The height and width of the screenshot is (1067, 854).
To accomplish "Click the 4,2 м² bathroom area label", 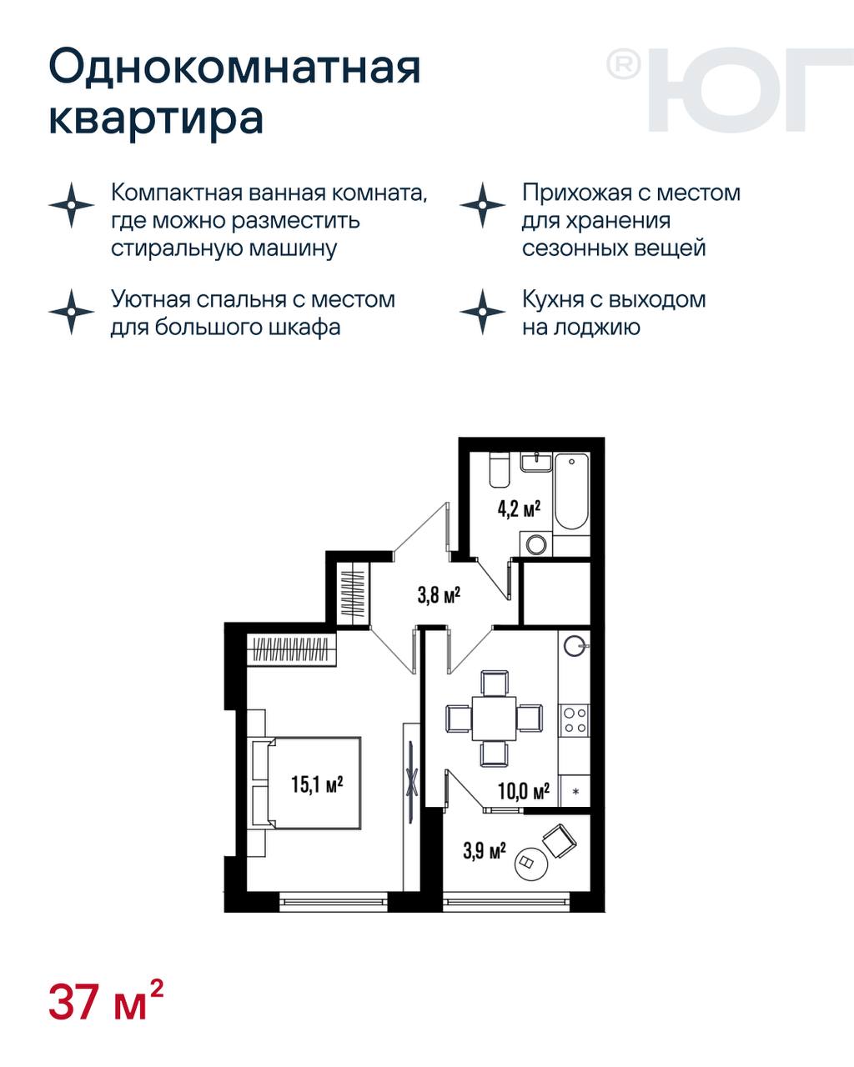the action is point(519,508).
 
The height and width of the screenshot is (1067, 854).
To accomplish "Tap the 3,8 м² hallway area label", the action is point(440,594).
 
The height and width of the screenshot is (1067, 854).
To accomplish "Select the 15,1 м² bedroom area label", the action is point(317,784).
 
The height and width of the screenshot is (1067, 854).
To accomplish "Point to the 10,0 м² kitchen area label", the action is point(524,792).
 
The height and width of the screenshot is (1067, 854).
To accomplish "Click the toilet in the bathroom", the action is point(500,470).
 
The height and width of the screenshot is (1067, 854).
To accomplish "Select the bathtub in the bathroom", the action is point(571,491).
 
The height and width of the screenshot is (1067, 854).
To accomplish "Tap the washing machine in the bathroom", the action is point(536,544).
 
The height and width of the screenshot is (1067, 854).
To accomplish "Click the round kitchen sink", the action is point(575,646).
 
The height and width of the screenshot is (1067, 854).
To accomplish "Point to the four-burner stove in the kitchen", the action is point(575,720).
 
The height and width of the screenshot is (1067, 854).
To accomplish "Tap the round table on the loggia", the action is point(530,864).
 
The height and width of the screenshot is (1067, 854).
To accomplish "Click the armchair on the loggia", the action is point(560,840).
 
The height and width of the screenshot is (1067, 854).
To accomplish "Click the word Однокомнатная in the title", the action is point(234,67).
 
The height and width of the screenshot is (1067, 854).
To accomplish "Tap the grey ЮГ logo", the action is point(730,90).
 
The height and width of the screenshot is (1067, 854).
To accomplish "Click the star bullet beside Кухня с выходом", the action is point(482,312).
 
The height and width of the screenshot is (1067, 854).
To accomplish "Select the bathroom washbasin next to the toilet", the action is point(536,462).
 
